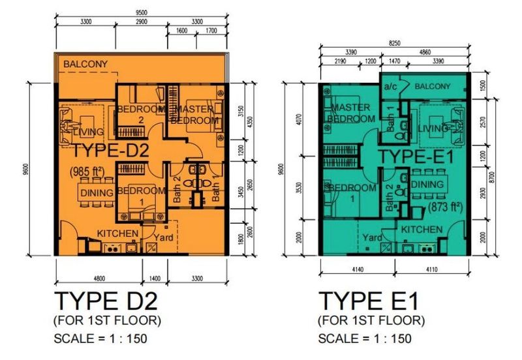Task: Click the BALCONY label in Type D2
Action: click(85, 63)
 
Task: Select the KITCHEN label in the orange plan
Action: click(117, 233)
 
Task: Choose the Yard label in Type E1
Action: click(372, 238)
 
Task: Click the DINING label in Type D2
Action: click(97, 192)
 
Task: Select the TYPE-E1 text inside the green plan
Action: click(412, 156)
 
